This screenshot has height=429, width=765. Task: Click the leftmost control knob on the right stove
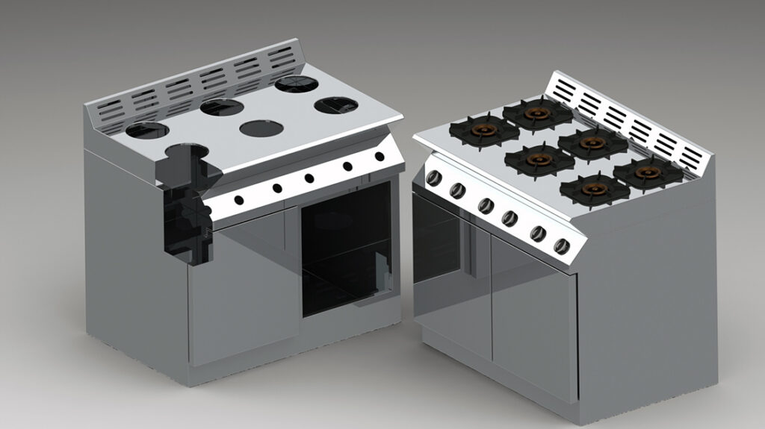433,178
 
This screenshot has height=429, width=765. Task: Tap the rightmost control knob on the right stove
562,246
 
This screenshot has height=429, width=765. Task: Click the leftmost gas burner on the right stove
484,131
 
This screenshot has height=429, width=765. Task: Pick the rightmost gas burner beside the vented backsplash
648,172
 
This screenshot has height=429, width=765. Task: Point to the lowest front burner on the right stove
595,190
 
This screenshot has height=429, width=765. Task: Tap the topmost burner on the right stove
537,113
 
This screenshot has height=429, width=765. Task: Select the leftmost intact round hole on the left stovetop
147,131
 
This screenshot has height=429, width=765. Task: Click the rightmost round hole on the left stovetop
332,105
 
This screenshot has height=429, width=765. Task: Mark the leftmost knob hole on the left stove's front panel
239,199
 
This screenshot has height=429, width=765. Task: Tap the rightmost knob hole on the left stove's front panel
380,157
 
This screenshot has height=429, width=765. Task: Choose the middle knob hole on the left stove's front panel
309,178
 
